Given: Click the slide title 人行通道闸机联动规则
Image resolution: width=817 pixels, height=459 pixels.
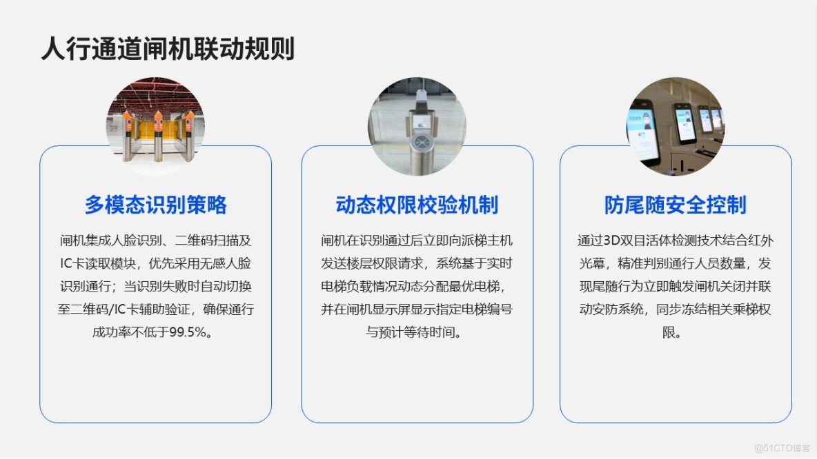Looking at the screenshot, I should [x=168, y=50].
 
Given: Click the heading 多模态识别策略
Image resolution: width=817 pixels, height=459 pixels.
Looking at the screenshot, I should [x=155, y=205].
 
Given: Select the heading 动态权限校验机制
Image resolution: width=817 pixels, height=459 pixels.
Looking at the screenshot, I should [x=417, y=205].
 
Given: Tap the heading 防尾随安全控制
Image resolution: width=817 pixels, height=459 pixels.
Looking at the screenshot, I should [x=676, y=205].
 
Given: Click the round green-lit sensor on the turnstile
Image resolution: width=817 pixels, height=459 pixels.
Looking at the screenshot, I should [x=418, y=141].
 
